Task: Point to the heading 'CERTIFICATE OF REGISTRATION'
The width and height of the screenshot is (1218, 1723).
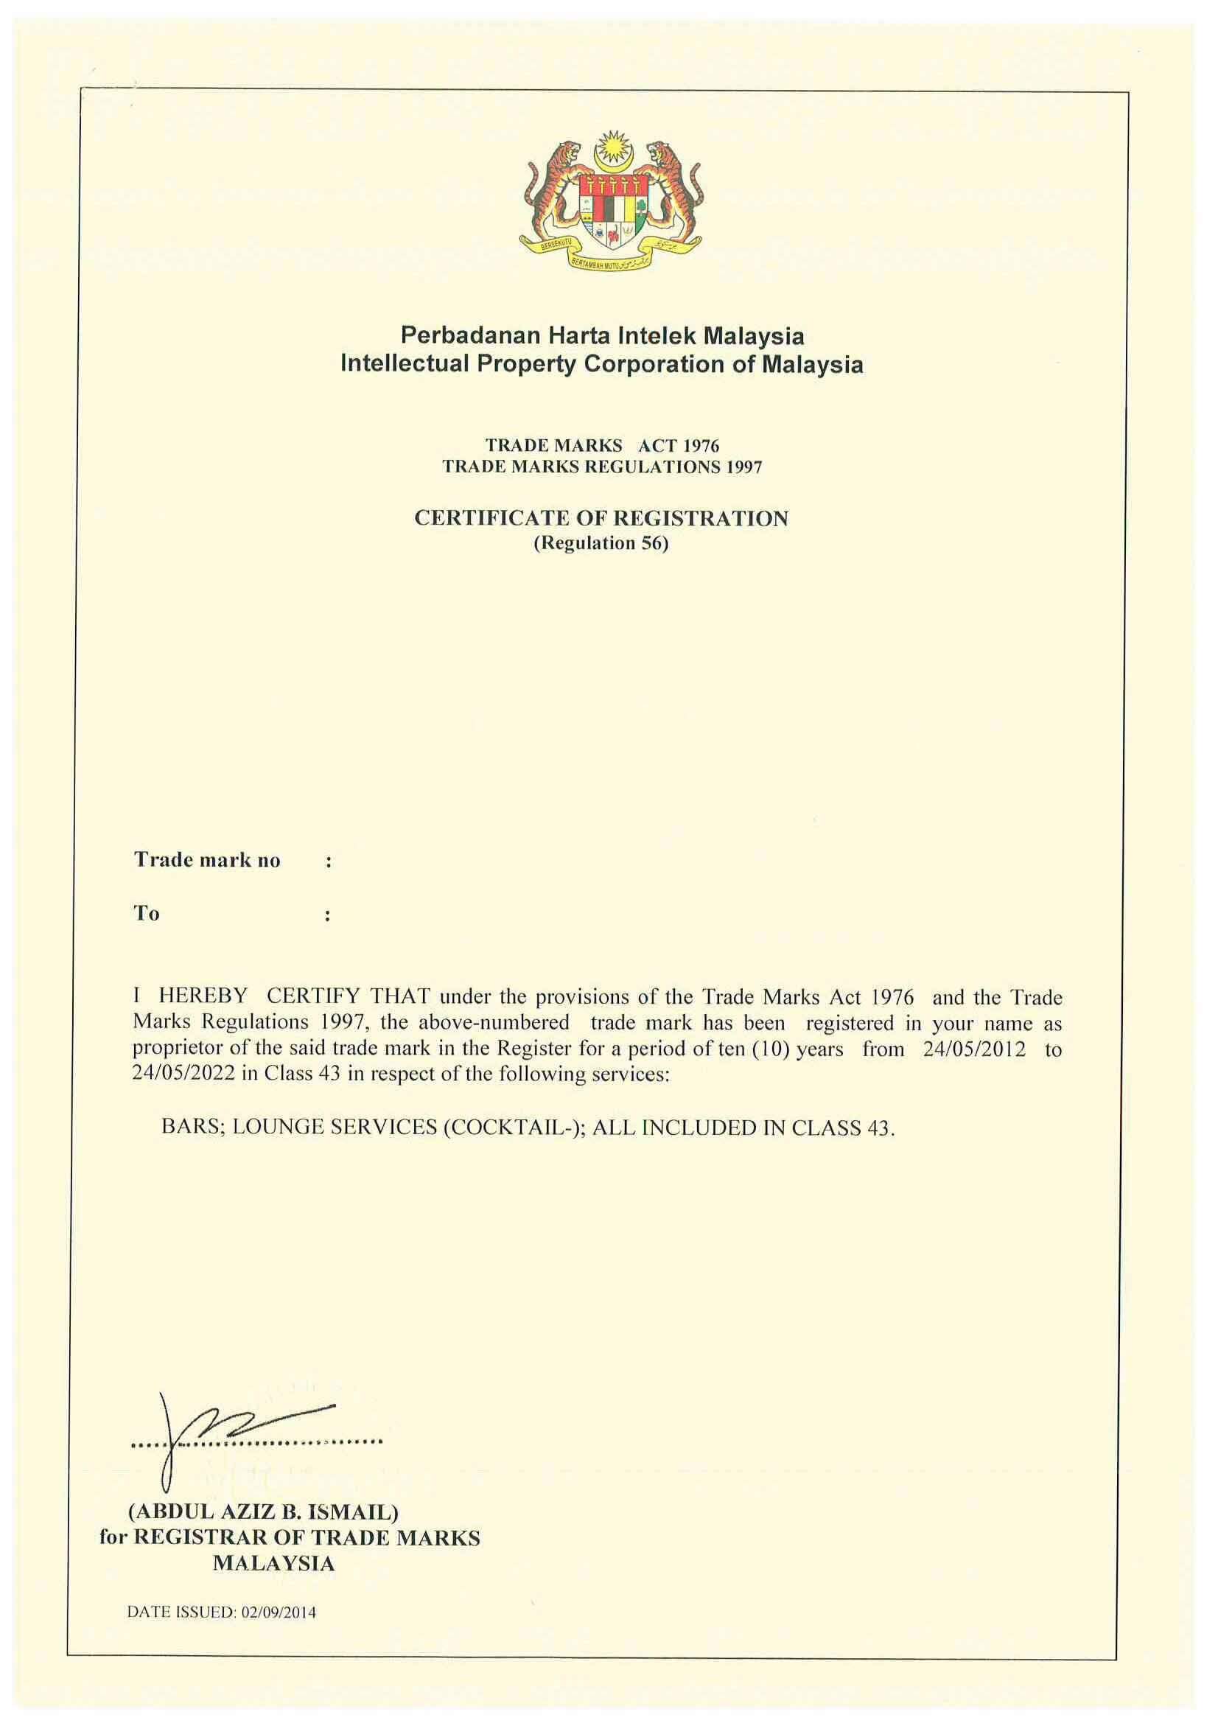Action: (x=601, y=519)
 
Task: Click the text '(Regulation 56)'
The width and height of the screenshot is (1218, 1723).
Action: (x=601, y=543)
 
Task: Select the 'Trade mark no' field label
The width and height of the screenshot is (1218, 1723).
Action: (x=207, y=860)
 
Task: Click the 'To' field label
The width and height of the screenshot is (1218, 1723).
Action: (x=147, y=913)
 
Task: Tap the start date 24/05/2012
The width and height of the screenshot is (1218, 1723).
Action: (x=974, y=1049)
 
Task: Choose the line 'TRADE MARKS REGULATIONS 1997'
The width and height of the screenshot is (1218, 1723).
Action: (x=602, y=466)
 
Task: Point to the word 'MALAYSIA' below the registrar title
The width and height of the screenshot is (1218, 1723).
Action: (x=273, y=1564)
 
